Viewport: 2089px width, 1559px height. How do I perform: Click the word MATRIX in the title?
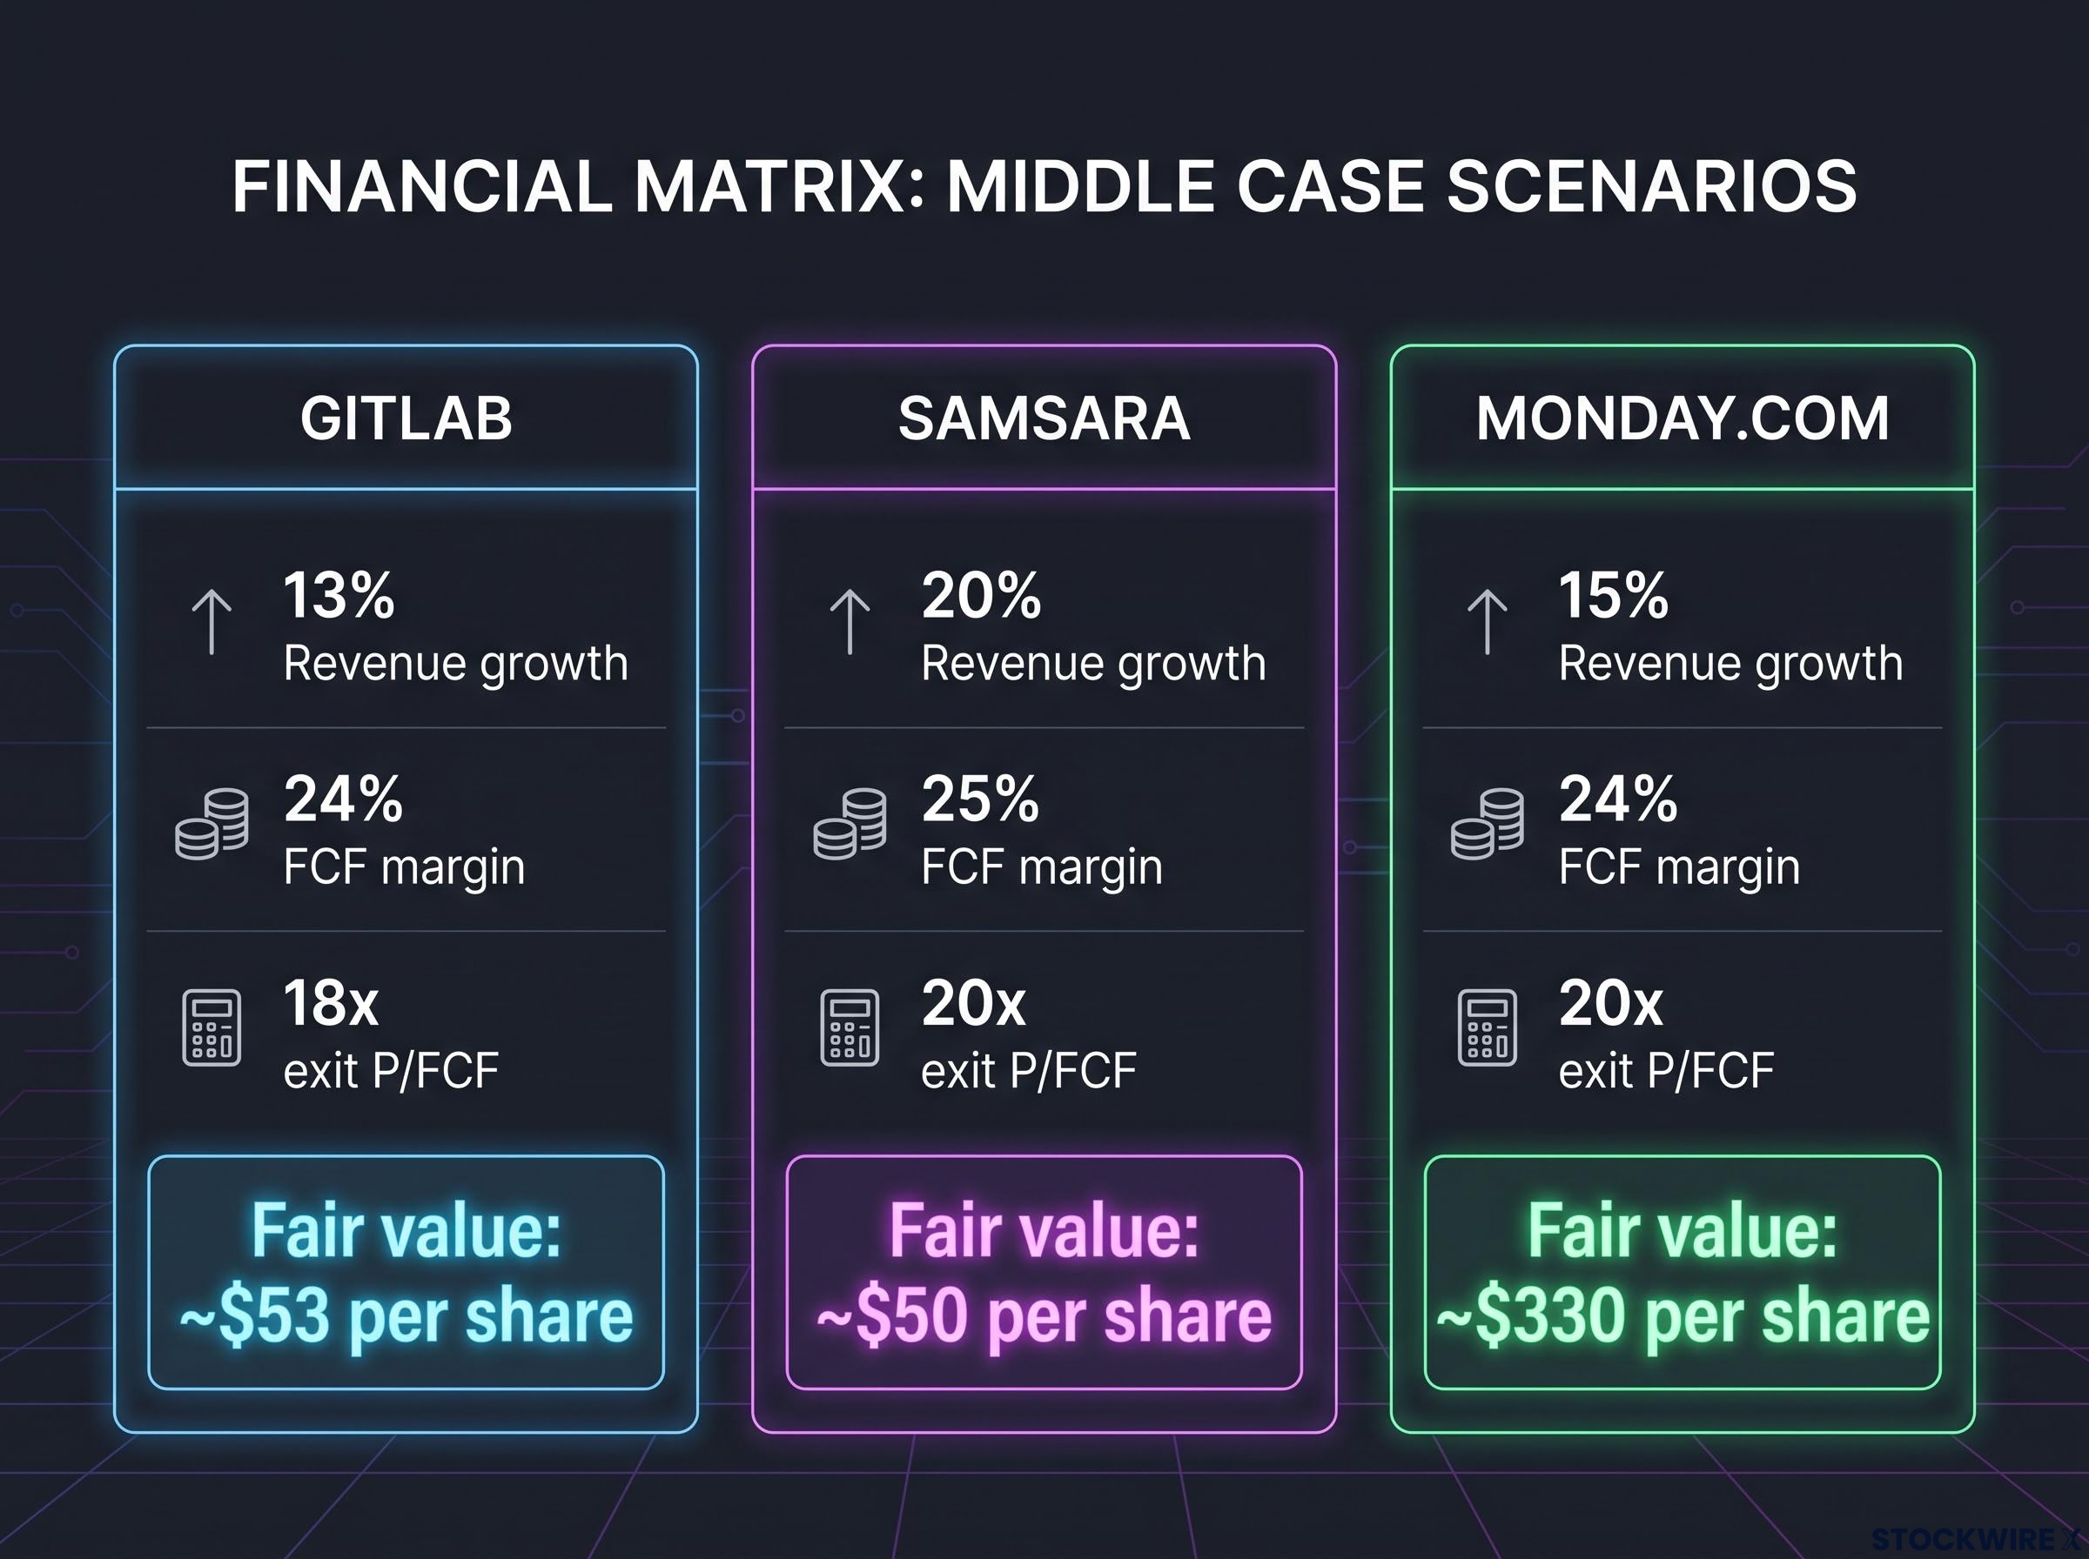click(769, 186)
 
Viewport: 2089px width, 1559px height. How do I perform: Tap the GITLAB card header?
click(406, 418)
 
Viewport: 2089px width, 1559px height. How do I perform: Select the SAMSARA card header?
click(1044, 418)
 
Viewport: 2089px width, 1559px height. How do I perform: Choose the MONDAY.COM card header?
click(1683, 418)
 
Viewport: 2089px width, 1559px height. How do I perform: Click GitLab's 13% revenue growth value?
click(339, 595)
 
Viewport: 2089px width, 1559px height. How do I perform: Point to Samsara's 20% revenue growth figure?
click(981, 595)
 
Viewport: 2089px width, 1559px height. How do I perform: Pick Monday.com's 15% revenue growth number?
click(1614, 595)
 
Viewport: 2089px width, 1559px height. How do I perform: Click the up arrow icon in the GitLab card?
click(212, 622)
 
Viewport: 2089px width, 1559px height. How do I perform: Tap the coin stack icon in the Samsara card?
click(850, 824)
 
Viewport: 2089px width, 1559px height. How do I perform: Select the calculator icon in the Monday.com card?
click(1488, 1027)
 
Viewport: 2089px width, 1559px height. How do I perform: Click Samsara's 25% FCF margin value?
click(980, 800)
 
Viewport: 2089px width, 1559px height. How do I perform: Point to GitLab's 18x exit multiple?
click(332, 1003)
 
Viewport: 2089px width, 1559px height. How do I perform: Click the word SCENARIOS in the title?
click(1652, 186)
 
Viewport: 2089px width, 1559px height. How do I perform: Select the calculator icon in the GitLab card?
click(212, 1027)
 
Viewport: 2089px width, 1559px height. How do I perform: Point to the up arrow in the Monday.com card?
click(1488, 622)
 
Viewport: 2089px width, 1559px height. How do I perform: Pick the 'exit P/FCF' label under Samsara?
click(1029, 1071)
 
